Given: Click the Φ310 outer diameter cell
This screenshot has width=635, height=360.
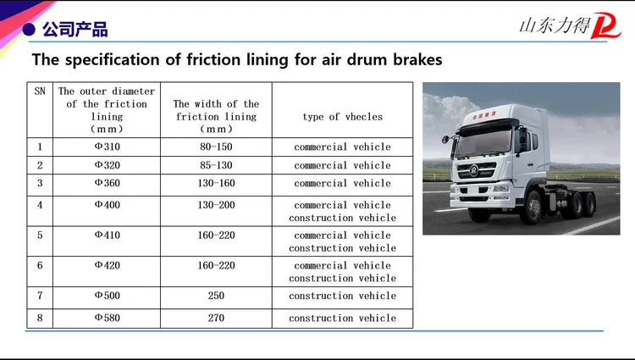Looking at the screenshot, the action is (x=107, y=147).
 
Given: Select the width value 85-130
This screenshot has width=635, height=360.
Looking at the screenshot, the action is (x=216, y=165).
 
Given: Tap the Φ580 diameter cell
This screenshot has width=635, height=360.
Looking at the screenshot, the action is (x=107, y=318).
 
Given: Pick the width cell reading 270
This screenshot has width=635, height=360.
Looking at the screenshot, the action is (x=216, y=318).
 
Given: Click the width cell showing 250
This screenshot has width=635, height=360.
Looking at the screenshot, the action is (x=216, y=296).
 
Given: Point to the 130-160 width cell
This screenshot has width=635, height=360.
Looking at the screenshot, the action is (x=216, y=183).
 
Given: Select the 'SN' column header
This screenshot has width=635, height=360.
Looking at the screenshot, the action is (x=40, y=91).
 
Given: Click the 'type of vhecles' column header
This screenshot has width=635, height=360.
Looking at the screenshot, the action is (x=343, y=117).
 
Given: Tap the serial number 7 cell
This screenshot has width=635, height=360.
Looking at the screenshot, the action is (x=40, y=296).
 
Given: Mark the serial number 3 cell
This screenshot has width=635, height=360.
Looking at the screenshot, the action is (x=40, y=183).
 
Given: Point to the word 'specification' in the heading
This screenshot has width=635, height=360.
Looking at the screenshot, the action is (x=112, y=60).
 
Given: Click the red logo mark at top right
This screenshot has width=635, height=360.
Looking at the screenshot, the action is (x=605, y=26).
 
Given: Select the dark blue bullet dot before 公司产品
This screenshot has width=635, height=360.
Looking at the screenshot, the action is (x=29, y=30).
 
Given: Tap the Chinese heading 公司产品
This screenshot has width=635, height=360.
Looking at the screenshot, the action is (x=75, y=30).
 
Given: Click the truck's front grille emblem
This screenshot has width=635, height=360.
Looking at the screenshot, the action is (x=474, y=170).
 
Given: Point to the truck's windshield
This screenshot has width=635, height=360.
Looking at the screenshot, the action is (x=485, y=143).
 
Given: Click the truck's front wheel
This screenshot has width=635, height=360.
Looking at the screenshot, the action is (x=533, y=208).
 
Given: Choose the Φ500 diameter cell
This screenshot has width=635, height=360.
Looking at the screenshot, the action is (x=107, y=296).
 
